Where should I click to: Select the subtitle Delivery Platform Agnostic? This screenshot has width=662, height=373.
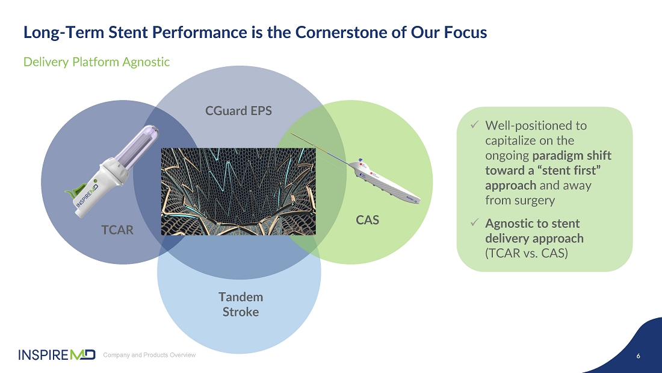point(96,61)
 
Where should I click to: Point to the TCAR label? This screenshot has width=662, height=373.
point(117,230)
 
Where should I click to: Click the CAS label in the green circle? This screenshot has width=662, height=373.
point(367,220)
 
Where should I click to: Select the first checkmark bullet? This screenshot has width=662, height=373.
point(474,125)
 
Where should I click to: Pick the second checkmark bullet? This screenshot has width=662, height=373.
point(474,223)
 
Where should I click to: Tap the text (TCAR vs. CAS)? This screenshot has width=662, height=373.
point(526,253)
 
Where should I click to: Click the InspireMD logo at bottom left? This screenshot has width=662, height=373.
point(57,354)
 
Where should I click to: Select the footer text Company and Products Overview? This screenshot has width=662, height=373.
point(149,355)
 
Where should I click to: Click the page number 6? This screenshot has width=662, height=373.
point(638,356)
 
